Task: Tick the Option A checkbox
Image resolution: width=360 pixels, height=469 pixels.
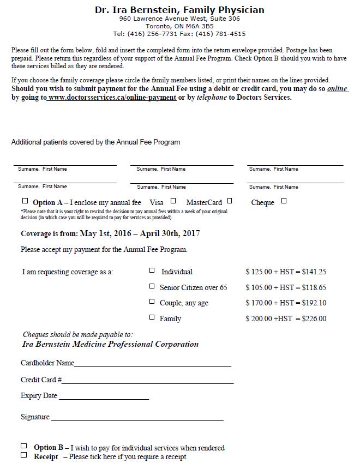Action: (25, 201)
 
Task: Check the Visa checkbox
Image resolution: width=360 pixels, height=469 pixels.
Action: (173, 201)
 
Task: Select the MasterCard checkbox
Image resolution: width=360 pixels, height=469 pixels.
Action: (230, 201)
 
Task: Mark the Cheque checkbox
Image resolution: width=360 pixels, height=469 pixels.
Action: (284, 201)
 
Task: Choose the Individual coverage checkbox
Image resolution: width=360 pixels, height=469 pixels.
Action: (152, 270)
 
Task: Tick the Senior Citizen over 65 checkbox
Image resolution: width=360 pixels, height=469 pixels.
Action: (152, 286)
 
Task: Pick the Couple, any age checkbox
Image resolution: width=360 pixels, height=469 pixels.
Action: (152, 302)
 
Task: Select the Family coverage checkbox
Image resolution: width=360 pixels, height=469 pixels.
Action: (152, 317)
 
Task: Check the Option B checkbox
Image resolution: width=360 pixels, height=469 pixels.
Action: (24, 446)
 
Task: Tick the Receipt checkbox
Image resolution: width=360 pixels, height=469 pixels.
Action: (24, 455)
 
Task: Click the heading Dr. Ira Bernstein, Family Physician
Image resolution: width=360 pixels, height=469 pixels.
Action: (179, 10)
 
